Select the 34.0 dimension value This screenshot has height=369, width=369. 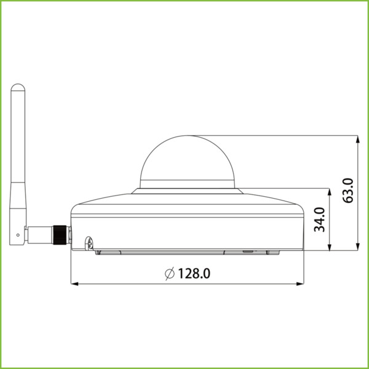[x=320, y=220]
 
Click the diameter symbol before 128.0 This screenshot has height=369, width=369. [x=170, y=272]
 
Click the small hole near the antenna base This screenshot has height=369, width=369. [x=19, y=235]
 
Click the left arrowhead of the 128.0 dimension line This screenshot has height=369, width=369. [x=75, y=284]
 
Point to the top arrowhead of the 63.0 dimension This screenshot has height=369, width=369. [x=359, y=139]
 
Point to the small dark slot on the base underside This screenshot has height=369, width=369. [x=247, y=252]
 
